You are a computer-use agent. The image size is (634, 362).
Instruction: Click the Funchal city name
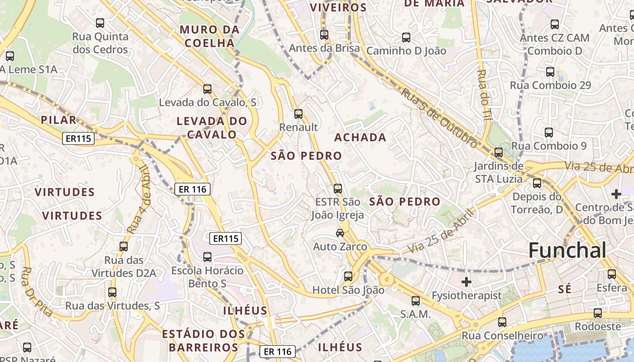click(567, 250)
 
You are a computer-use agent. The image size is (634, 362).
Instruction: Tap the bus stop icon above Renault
click(298, 114)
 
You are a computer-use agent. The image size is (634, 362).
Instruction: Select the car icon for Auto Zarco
click(340, 233)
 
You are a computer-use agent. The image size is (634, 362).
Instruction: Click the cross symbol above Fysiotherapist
click(466, 282)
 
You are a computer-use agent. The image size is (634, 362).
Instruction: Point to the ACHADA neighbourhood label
click(360, 138)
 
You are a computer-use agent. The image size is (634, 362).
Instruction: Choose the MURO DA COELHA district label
click(209, 36)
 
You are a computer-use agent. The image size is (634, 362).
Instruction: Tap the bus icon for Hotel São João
click(348, 276)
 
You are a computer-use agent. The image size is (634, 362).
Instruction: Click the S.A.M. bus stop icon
click(415, 301)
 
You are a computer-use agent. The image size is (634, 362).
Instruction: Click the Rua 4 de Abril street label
click(138, 199)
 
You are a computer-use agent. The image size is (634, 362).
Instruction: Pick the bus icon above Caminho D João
click(406, 37)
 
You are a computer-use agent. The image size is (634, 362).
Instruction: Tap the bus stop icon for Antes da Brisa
click(324, 34)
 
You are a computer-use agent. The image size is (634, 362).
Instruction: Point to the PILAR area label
click(58, 120)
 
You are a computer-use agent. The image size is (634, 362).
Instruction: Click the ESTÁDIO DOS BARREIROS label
click(203, 341)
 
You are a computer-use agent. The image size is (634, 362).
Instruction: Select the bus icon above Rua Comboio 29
click(550, 71)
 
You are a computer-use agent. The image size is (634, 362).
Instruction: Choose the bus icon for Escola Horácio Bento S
click(207, 257)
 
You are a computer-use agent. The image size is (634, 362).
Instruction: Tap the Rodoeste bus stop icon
click(597, 313)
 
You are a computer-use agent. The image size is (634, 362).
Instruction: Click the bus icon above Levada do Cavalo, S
click(207, 89)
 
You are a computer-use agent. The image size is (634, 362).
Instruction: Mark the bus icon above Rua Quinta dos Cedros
click(100, 23)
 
